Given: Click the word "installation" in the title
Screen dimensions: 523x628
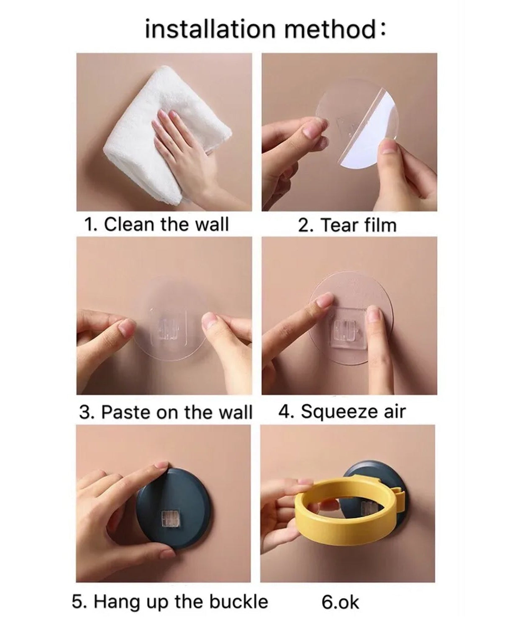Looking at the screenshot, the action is click(210, 29).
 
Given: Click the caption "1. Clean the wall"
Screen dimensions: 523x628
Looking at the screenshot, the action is click(156, 224).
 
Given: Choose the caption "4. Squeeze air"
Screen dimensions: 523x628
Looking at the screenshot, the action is click(342, 412).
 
